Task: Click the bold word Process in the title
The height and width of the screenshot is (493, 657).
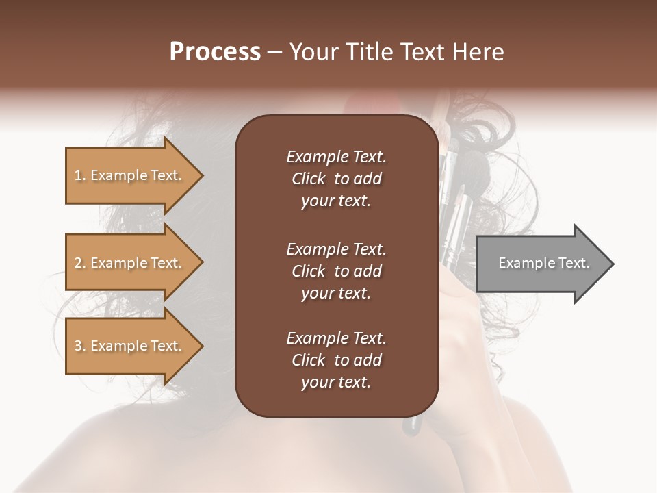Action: click(215, 52)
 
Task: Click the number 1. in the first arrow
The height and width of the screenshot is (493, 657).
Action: click(80, 175)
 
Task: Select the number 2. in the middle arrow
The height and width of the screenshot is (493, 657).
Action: click(80, 263)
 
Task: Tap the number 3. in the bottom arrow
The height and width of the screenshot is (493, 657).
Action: click(80, 346)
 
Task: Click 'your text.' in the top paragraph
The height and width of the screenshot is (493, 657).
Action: click(335, 201)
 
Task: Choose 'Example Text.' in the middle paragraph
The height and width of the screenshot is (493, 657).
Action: click(336, 249)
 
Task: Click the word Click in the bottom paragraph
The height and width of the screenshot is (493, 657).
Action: click(308, 360)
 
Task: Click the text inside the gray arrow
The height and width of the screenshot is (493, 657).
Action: click(543, 263)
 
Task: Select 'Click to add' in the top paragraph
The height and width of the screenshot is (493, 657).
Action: click(336, 179)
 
